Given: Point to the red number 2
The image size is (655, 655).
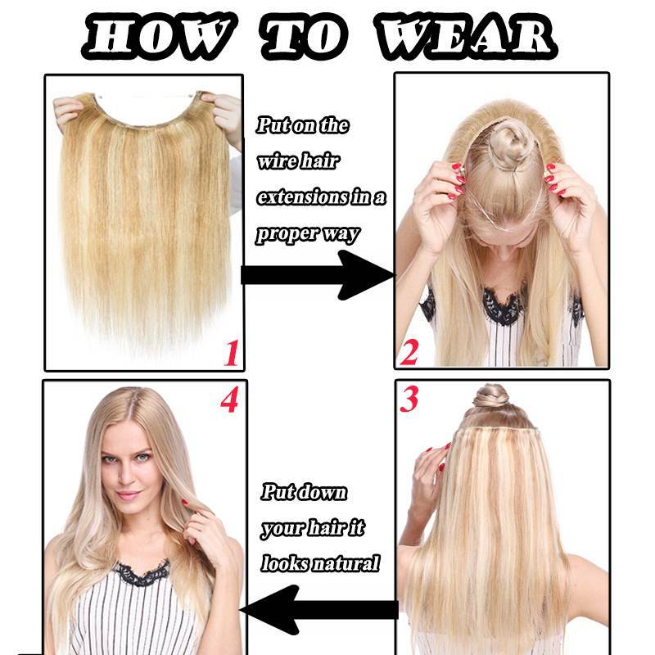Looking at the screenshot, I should [x=409, y=353].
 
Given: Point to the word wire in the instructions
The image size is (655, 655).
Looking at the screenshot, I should [x=274, y=161].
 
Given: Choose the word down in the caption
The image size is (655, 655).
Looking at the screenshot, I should [x=322, y=492].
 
